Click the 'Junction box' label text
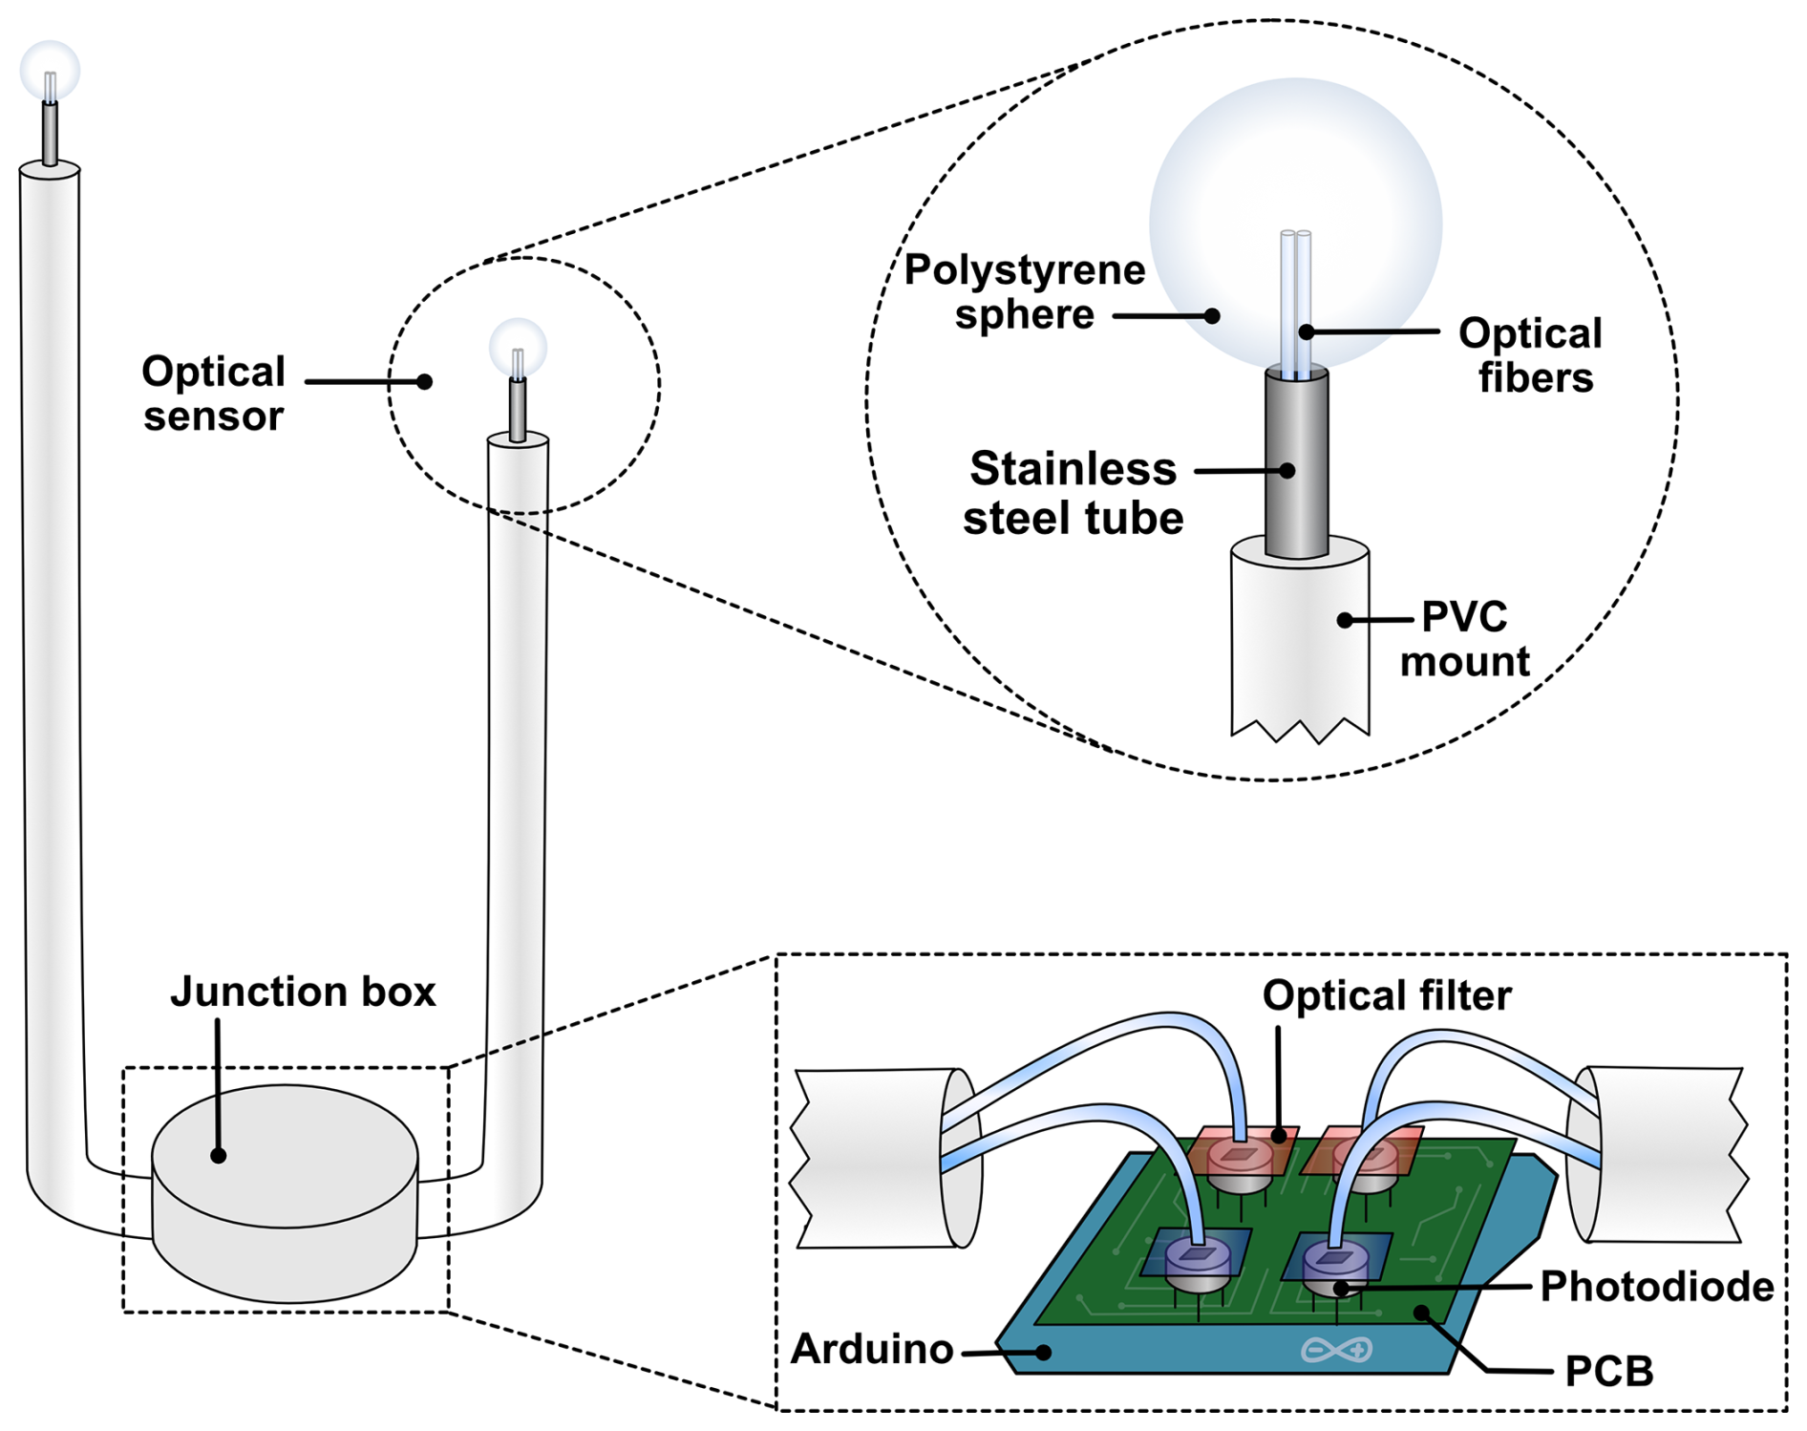(x=303, y=992)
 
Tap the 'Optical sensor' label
(x=213, y=394)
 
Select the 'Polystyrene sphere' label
(x=1024, y=291)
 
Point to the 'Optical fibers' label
(x=1531, y=355)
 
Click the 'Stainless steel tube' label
(x=1073, y=493)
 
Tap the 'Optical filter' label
(x=1386, y=995)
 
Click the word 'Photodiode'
(x=1656, y=1287)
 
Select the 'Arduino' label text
(x=872, y=1349)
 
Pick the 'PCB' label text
(x=1609, y=1372)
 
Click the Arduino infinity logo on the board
(x=1336, y=1350)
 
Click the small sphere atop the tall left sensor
(x=50, y=70)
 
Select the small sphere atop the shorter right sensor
(x=518, y=346)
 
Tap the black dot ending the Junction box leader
(x=219, y=1156)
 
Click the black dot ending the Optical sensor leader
(x=425, y=382)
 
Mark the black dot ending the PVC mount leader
(x=1345, y=620)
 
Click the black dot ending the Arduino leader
(x=1045, y=1353)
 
